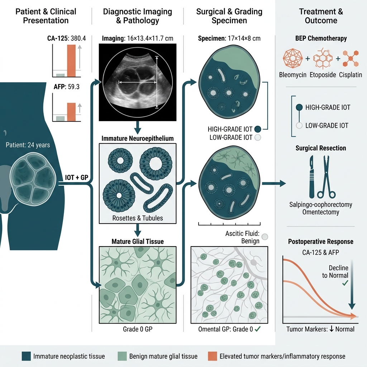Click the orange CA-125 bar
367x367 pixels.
click(x=71, y=61)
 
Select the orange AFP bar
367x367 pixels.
click(x=71, y=112)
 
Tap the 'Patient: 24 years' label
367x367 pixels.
click(x=28, y=145)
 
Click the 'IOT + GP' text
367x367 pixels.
click(x=77, y=178)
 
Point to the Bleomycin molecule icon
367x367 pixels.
click(x=292, y=58)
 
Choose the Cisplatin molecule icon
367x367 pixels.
click(x=351, y=58)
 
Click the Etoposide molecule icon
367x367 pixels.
click(x=323, y=58)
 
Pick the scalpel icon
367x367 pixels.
click(x=312, y=177)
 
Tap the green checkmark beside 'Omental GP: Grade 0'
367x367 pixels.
click(x=258, y=329)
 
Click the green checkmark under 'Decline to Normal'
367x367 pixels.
click(x=345, y=283)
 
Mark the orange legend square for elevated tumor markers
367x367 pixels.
click(x=213, y=356)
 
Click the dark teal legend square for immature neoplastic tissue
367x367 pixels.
click(x=26, y=356)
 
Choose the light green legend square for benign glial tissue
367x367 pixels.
click(x=122, y=356)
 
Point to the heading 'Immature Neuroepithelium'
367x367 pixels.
click(x=138, y=138)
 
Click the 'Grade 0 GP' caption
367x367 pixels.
click(x=138, y=329)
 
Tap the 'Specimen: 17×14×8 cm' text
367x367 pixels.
click(x=229, y=38)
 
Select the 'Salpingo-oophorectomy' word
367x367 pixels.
click(x=321, y=205)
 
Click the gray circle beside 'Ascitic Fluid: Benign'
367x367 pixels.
click(x=265, y=237)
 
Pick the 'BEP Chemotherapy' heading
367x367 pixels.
click(x=321, y=38)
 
